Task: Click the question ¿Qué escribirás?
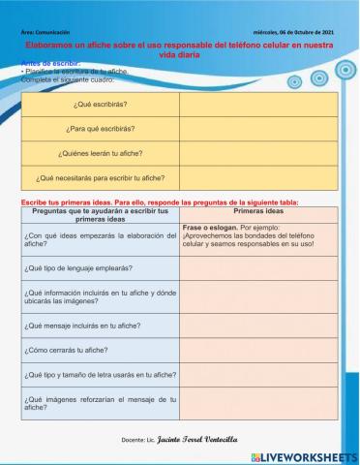click(101, 104)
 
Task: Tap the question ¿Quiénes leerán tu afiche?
click(101, 153)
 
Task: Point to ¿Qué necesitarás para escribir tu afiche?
click(101, 177)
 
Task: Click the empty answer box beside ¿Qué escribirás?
click(256, 104)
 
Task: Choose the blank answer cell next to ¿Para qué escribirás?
click(256, 128)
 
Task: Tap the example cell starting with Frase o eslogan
click(256, 236)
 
